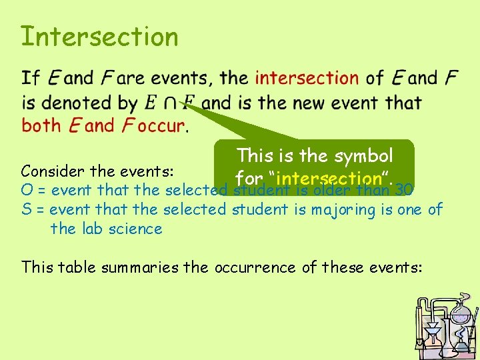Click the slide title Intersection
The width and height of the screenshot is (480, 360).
tap(99, 36)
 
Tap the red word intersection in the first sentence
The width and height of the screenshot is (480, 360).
tap(307, 78)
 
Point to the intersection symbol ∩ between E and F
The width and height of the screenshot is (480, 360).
tap(171, 104)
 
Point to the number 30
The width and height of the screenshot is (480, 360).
tap(405, 190)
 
